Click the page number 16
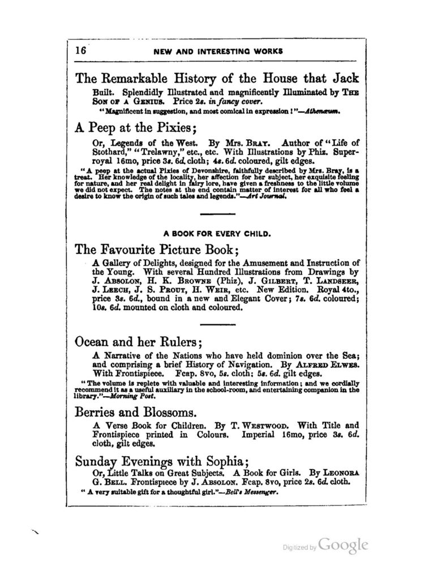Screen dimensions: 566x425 [80, 50]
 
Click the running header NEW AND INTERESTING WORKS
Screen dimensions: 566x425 [218, 51]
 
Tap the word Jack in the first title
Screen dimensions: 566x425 [342, 78]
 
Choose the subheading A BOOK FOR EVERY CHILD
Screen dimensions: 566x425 [217, 232]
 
